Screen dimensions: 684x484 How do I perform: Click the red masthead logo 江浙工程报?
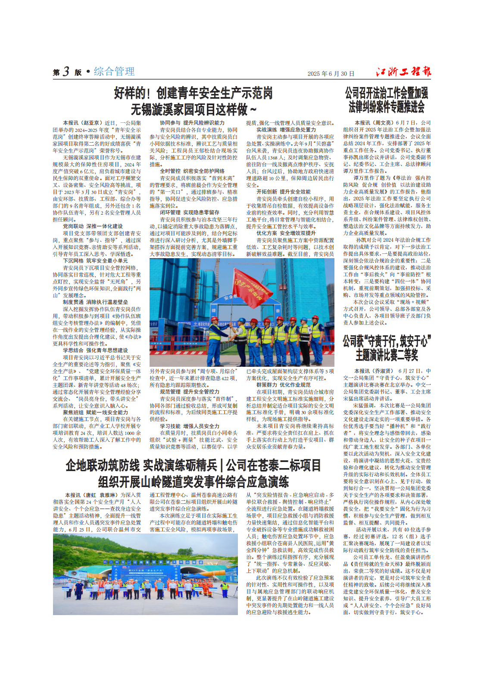click(x=403, y=72)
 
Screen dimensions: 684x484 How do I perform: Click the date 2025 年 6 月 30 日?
click(x=331, y=74)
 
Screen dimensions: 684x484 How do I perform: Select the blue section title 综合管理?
click(x=114, y=72)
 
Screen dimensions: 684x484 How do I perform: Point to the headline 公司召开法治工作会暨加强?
click(x=386, y=93)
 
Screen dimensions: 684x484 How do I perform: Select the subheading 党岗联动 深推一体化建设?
click(x=93, y=226)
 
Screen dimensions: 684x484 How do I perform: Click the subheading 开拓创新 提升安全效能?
click(x=283, y=192)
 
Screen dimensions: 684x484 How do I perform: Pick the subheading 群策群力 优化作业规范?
click(x=283, y=385)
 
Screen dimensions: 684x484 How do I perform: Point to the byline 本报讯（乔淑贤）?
click(x=374, y=371)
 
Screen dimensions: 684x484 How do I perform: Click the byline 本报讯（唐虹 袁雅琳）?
click(x=91, y=495)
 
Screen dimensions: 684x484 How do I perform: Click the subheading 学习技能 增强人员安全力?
click(x=190, y=426)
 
